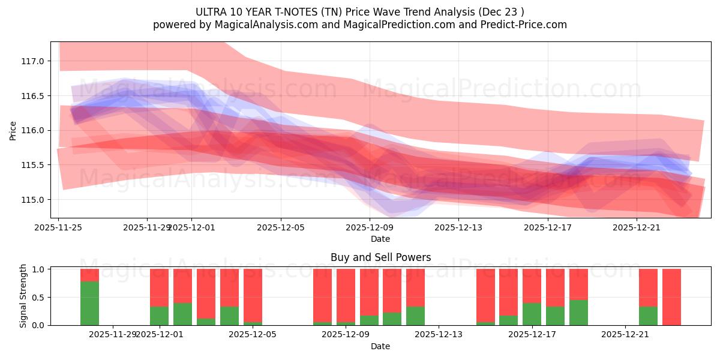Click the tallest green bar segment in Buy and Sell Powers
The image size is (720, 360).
click(89, 303)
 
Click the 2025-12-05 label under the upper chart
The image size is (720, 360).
click(281, 227)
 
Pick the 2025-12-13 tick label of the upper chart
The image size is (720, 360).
click(458, 227)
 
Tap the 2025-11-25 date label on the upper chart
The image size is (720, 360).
click(59, 227)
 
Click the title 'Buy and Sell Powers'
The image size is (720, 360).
click(380, 257)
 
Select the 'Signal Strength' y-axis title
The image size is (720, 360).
click(23, 296)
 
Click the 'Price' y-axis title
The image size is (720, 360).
click(13, 130)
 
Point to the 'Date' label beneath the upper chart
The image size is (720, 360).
click(380, 239)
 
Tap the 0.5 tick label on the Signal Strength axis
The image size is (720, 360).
click(38, 298)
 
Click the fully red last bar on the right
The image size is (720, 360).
click(671, 297)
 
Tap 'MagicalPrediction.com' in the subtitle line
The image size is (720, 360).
click(400, 25)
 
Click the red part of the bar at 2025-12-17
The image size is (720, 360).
click(532, 286)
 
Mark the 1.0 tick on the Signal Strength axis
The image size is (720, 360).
click(38, 269)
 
